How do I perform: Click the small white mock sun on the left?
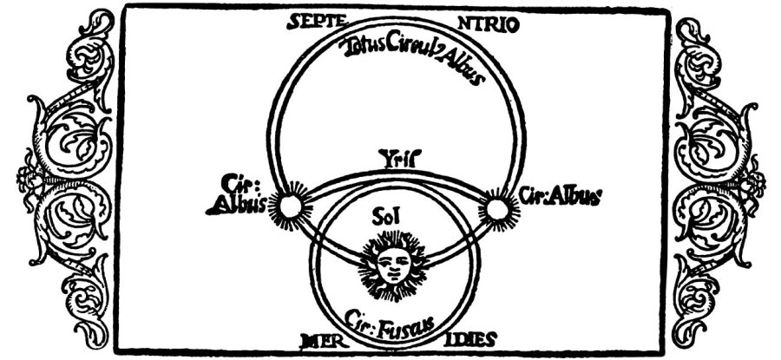[x=289, y=206]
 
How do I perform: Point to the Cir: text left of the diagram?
[x=234, y=187]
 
